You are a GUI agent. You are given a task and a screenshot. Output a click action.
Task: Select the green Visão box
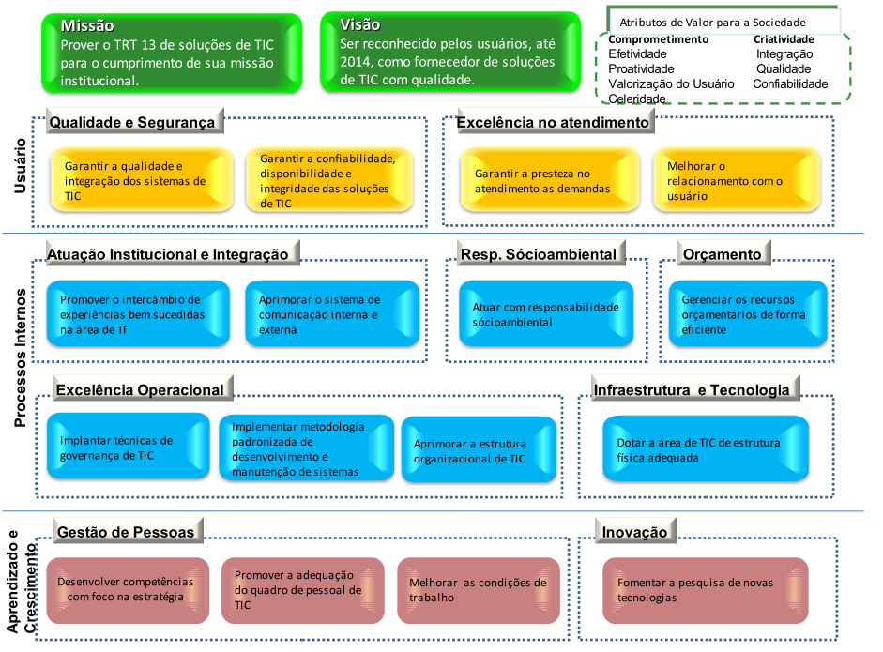point(449,53)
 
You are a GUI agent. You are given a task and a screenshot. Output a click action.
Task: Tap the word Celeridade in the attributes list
point(636,99)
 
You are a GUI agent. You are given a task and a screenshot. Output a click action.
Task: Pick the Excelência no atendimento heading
point(552,122)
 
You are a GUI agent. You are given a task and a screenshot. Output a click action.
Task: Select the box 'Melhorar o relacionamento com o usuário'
point(738,181)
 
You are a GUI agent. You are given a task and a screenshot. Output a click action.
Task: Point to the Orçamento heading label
point(722,254)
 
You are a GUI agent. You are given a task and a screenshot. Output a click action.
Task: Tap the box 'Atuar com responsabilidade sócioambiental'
point(545,314)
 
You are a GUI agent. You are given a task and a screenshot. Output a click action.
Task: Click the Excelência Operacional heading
point(140,389)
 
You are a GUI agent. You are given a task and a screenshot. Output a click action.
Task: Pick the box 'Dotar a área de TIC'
point(705,450)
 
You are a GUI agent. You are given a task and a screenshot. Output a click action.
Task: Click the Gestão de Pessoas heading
point(126,532)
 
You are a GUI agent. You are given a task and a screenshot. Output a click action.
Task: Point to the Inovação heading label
point(635,532)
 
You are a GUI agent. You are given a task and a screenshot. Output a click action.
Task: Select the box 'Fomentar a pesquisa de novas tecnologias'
point(705,589)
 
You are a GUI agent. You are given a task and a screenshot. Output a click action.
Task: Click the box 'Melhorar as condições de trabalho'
point(477,589)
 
